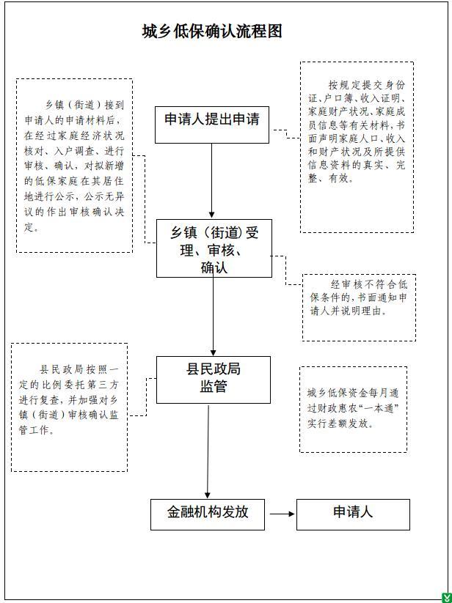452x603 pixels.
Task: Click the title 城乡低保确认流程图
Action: [x=212, y=32]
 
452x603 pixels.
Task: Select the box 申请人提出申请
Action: [x=212, y=125]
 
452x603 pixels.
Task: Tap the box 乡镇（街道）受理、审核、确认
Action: [x=214, y=248]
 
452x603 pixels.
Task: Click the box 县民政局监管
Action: [x=214, y=380]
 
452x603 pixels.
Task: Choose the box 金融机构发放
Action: [x=208, y=514]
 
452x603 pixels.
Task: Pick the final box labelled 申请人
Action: [x=353, y=514]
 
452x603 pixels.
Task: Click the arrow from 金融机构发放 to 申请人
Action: [x=282, y=514]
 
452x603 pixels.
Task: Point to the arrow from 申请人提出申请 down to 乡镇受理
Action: [x=211, y=181]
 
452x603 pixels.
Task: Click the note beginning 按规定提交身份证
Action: [x=357, y=147]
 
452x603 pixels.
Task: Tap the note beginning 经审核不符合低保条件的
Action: [x=359, y=307]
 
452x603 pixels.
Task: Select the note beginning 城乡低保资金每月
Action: [x=353, y=409]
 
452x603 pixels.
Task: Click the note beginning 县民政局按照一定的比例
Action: [x=69, y=407]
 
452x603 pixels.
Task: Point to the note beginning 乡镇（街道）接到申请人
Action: [x=74, y=166]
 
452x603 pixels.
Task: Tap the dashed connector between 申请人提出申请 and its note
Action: [x=286, y=133]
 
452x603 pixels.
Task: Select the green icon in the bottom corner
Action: [x=447, y=598]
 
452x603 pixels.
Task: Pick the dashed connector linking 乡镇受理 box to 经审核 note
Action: [x=286, y=270]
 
